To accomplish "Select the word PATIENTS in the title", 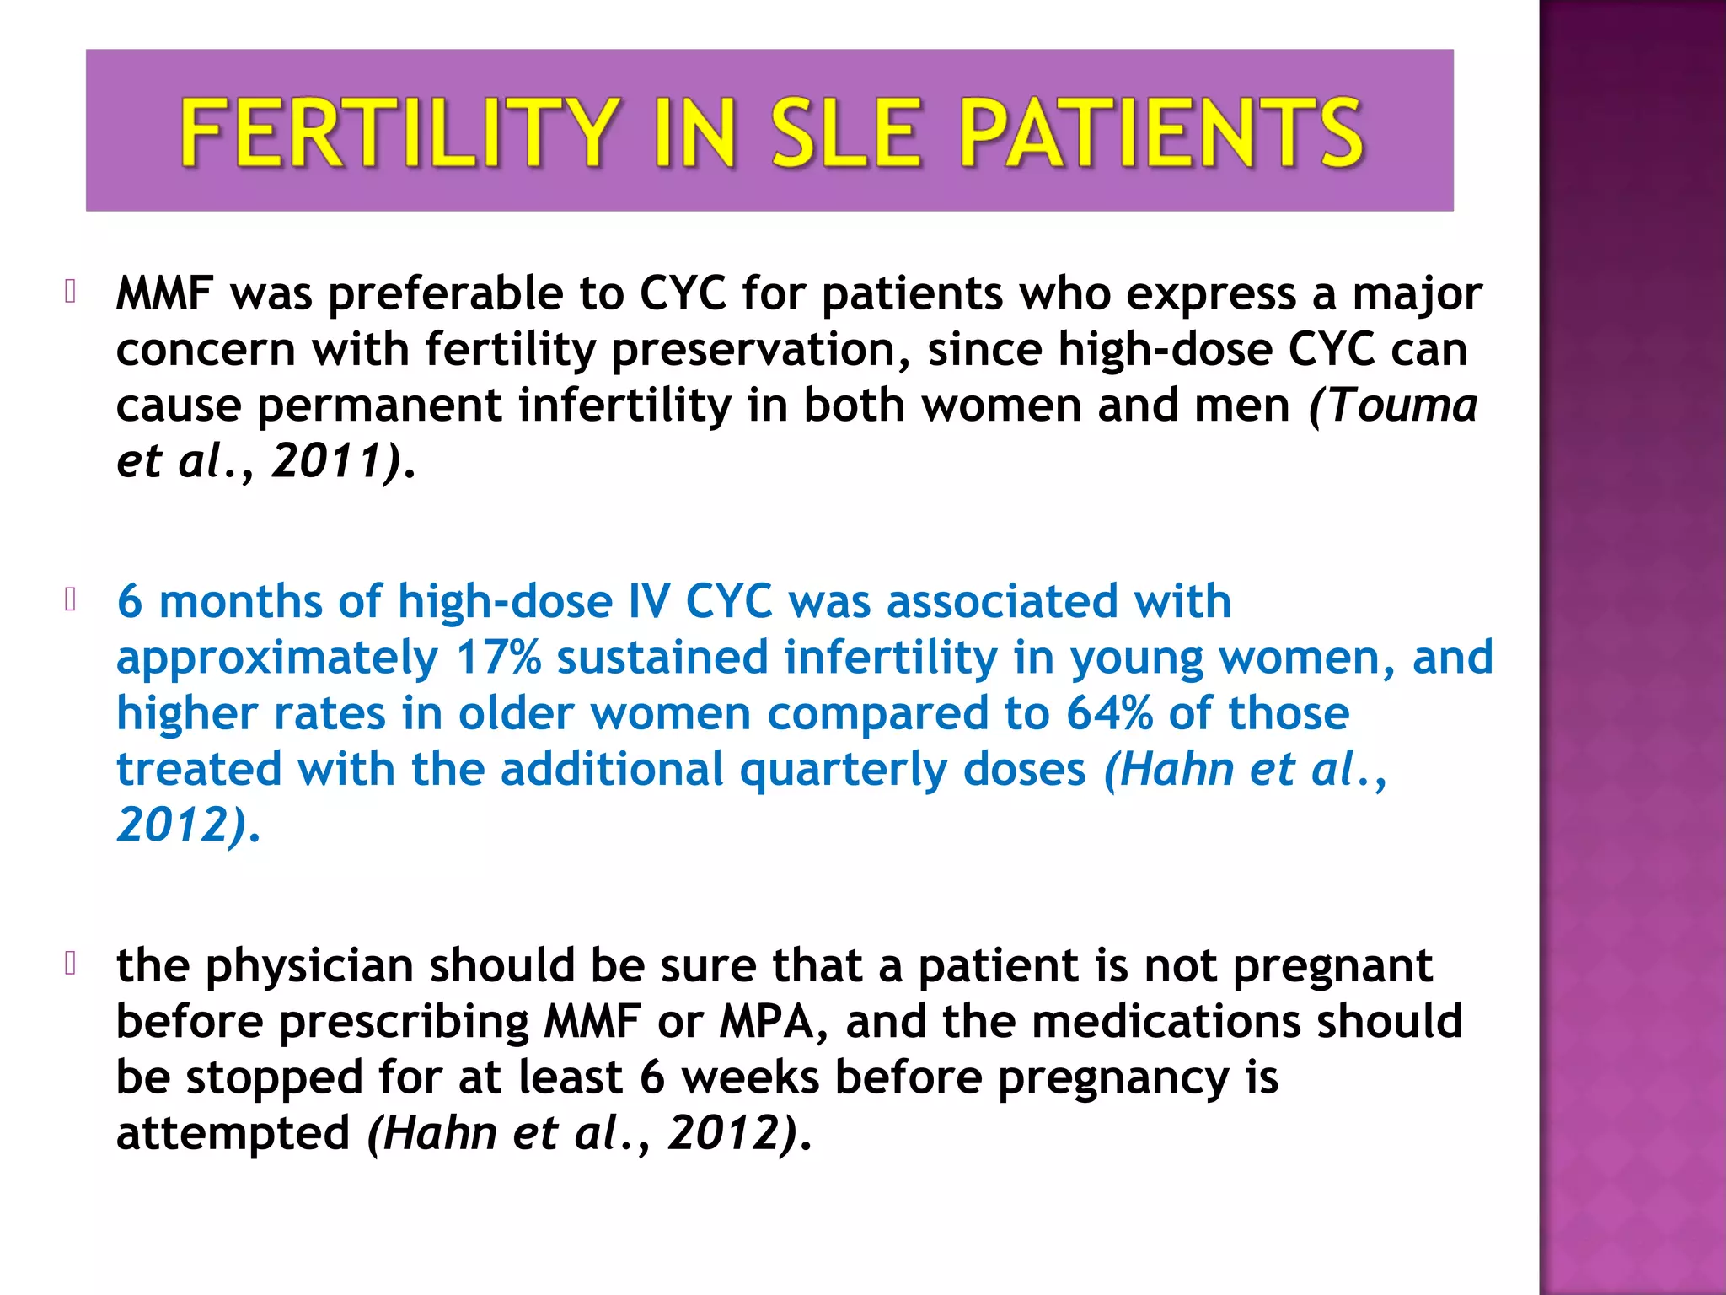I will click(1161, 132).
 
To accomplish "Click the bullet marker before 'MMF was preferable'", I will click(71, 292).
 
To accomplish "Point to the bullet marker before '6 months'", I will click(71, 599).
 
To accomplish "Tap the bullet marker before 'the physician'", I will click(71, 963).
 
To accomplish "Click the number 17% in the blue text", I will click(498, 658).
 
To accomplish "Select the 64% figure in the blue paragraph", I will click(1109, 713).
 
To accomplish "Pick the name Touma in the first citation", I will click(1403, 406).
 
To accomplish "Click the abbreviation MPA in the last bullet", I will click(767, 1022).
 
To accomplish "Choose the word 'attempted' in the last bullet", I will click(233, 1134).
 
